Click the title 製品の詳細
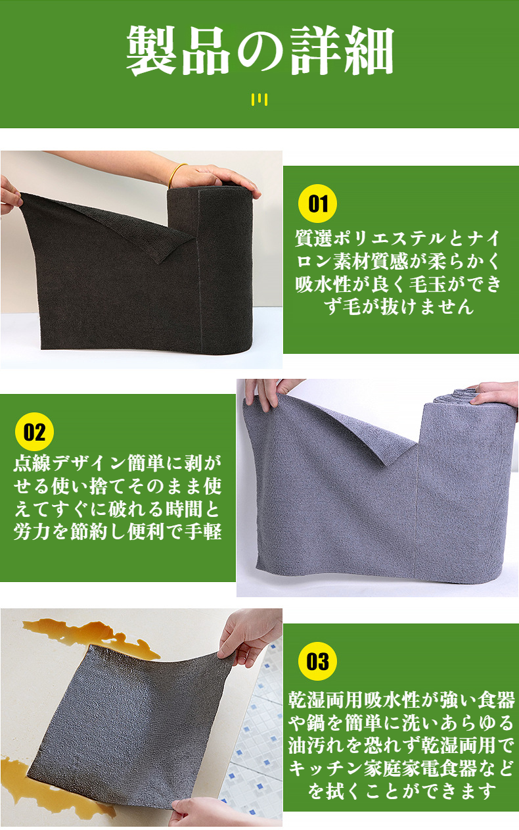click(259, 51)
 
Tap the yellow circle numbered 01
click(317, 203)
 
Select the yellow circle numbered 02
click(34, 432)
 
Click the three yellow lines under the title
click(259, 99)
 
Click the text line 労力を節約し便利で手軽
click(118, 531)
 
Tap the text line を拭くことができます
click(401, 791)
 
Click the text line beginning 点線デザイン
click(118, 464)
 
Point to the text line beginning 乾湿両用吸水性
click(401, 700)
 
